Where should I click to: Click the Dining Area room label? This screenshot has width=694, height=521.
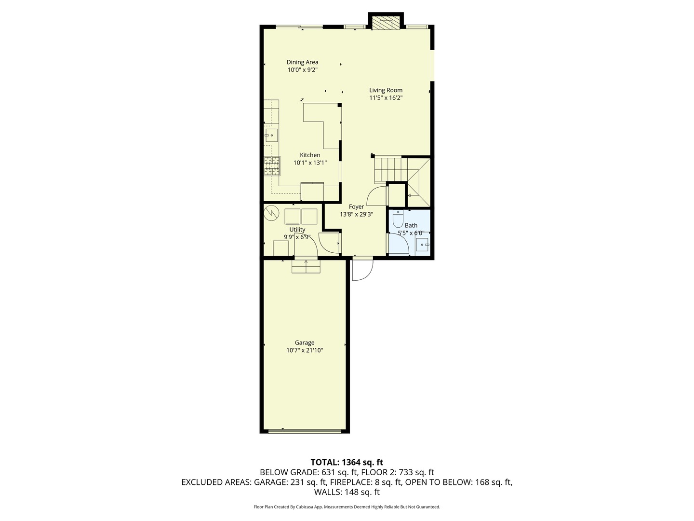[x=302, y=62]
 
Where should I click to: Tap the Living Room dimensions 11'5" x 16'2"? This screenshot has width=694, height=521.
[x=386, y=98]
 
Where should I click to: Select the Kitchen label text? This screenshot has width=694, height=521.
[x=310, y=155]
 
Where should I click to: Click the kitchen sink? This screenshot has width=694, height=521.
[x=272, y=135]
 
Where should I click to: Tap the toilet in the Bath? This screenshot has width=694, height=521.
[x=398, y=219]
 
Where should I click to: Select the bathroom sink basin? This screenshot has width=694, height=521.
[x=423, y=245]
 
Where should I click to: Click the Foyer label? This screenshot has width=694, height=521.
[x=356, y=207]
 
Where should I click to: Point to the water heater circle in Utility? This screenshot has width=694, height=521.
[x=272, y=213]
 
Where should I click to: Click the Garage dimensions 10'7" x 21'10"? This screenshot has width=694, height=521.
[x=305, y=351]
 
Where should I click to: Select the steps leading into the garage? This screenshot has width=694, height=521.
[x=306, y=266]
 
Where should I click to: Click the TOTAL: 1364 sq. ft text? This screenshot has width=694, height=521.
[x=347, y=462]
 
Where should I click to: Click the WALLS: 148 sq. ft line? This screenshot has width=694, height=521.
[x=347, y=492]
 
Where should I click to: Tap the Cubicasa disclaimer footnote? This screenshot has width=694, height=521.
[x=347, y=507]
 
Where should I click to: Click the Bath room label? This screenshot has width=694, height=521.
[x=411, y=225]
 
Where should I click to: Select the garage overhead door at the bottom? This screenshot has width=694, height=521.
[x=305, y=431]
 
